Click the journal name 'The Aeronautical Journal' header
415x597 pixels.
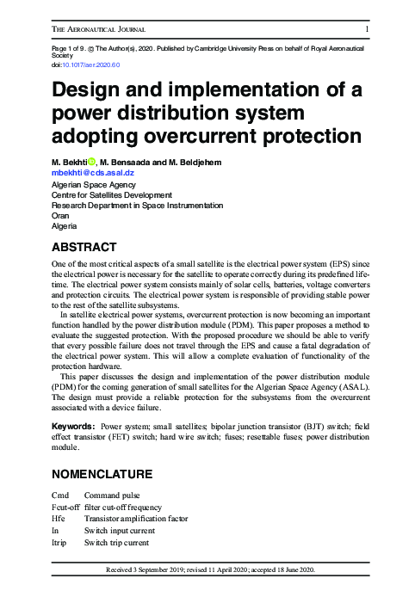click(x=99, y=30)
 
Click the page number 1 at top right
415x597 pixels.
click(x=368, y=30)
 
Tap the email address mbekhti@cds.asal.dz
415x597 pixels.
click(x=93, y=173)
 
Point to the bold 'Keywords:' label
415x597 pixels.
click(x=73, y=426)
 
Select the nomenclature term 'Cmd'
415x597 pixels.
click(x=60, y=496)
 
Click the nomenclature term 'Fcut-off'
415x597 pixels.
click(x=65, y=508)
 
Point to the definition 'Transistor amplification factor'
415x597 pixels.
click(x=136, y=519)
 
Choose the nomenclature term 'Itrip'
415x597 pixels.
click(x=61, y=543)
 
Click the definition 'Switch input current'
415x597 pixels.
click(x=118, y=531)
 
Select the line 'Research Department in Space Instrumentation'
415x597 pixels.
click(x=137, y=206)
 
